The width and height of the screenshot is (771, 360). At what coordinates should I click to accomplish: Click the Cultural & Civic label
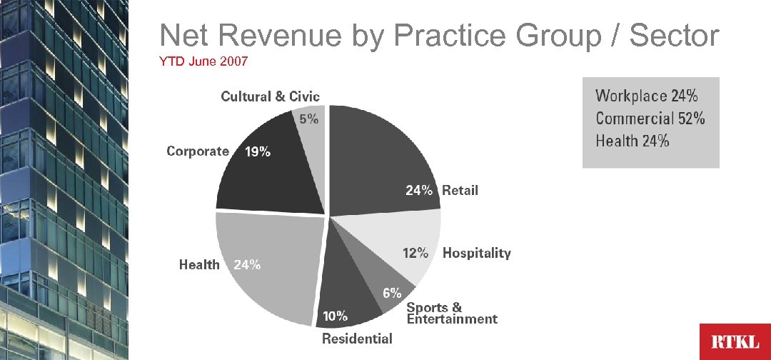tap(270, 96)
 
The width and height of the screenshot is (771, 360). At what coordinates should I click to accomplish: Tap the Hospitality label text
tap(477, 253)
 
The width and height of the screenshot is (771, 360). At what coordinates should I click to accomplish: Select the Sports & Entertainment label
tap(451, 314)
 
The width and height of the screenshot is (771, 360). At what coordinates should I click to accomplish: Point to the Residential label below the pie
tap(357, 338)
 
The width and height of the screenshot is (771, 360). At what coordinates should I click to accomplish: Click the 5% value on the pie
tap(309, 120)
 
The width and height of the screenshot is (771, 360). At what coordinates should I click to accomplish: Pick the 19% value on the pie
tap(258, 151)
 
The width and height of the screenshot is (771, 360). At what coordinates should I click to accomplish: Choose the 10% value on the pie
tap(336, 315)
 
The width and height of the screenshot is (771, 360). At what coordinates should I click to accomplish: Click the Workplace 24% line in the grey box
tap(647, 95)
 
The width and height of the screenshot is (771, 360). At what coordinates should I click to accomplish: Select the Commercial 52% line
tap(650, 118)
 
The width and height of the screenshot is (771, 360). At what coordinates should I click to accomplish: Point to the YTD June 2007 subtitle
tap(203, 62)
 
